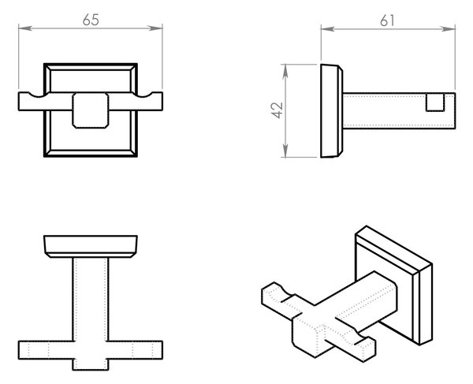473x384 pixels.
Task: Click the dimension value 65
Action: [x=91, y=20]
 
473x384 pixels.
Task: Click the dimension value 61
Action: [x=387, y=21]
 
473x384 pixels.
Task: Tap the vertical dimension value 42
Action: [x=277, y=110]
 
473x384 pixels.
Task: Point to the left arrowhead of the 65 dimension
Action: [x=24, y=28]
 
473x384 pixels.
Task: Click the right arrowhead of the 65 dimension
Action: [x=156, y=28]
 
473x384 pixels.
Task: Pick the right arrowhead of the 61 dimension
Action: [x=449, y=29]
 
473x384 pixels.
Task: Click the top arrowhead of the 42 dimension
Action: [x=285, y=71]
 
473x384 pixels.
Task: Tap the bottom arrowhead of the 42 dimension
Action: [x=285, y=151]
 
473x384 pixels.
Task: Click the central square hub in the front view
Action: [x=90, y=110]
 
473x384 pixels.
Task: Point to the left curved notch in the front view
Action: [x=38, y=95]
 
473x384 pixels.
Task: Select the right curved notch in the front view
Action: [x=143, y=95]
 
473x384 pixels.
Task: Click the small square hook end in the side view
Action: [x=435, y=103]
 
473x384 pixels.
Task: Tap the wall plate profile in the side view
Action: [x=332, y=110]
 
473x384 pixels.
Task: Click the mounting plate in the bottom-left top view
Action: [x=91, y=247]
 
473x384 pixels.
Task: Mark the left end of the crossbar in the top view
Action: [x=19, y=350]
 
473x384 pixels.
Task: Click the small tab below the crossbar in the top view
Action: [x=91, y=365]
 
